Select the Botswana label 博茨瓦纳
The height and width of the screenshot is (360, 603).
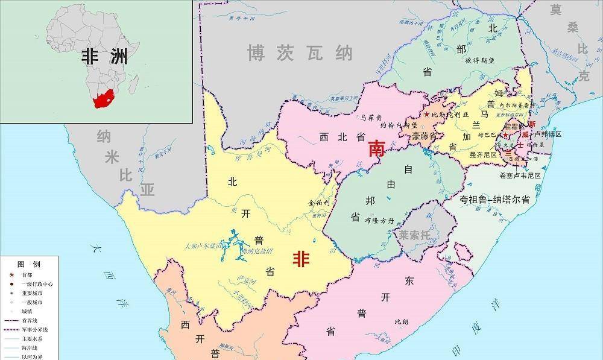click(300, 54)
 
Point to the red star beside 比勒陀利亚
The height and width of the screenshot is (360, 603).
click(427, 115)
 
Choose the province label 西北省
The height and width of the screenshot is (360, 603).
click(341, 137)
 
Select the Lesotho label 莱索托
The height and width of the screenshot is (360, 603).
click(414, 235)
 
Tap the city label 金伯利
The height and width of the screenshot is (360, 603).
click(319, 203)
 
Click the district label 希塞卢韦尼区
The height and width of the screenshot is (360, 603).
click(520, 175)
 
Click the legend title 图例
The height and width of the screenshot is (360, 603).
click(28, 265)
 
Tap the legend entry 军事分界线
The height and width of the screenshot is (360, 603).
click(36, 329)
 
